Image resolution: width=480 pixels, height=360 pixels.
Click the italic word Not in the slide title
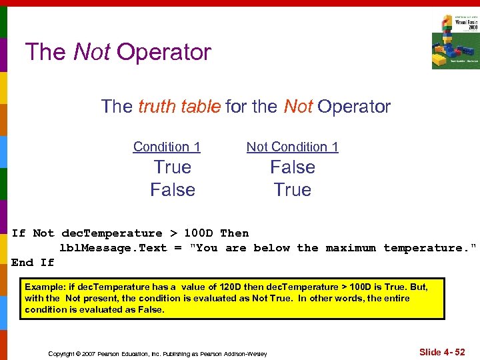click(x=92, y=52)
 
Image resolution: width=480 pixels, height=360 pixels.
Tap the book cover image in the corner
click(x=455, y=41)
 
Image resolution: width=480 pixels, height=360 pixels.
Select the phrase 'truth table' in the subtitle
click(x=179, y=106)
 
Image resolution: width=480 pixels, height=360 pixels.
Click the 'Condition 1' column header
click(x=167, y=147)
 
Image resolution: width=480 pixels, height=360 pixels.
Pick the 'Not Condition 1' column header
click(x=292, y=147)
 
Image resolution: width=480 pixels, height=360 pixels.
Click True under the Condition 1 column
click(x=173, y=167)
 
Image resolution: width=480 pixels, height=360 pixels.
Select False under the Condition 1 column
click(x=173, y=190)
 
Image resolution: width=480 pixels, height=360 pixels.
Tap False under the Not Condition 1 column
click(x=292, y=167)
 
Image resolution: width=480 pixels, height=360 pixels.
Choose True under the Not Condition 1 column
click(x=292, y=190)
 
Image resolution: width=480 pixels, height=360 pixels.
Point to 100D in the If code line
click(x=199, y=233)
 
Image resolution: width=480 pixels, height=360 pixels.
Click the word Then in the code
click(x=234, y=233)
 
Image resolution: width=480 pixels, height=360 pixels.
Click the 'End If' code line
click(x=33, y=263)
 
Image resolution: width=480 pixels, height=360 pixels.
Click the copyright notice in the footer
click(x=157, y=353)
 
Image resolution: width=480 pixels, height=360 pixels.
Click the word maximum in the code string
click(x=351, y=248)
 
